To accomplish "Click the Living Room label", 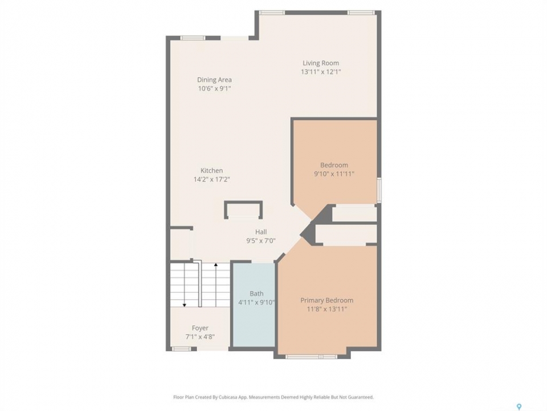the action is (321, 63).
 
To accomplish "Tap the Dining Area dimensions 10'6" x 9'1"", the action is (214, 88).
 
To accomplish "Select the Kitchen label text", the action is (211, 171).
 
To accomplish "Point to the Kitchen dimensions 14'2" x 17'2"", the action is (211, 179).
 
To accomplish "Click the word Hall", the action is (261, 232).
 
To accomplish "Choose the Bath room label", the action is (256, 293).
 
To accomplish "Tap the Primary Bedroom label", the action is (327, 300).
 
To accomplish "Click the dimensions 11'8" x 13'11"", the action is (327, 309).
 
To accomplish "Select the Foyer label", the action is (200, 328).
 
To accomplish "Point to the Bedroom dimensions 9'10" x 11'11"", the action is (334, 174).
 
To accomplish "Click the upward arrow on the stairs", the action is (216, 285).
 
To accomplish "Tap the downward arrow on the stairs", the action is (185, 285).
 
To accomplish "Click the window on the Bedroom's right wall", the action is (379, 190).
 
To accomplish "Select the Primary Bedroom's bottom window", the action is (311, 357).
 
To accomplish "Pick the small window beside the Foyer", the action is (181, 348).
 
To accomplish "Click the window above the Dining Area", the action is (193, 38).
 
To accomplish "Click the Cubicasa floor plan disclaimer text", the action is (273, 397).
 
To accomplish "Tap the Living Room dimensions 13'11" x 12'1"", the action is (321, 72).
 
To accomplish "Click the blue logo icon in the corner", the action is (519, 406).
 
